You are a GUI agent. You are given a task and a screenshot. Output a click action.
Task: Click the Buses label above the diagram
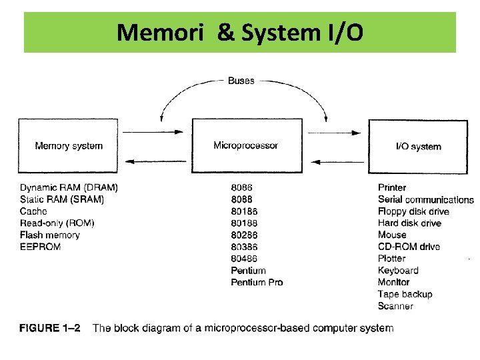[x=241, y=81]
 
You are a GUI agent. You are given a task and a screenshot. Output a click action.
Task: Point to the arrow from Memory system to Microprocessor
[x=153, y=132]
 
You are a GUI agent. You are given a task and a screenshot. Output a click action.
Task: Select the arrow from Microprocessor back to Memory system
[x=155, y=161]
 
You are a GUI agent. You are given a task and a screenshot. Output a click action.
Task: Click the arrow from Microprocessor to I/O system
[x=334, y=133]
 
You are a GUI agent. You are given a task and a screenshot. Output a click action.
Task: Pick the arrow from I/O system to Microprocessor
[x=337, y=162]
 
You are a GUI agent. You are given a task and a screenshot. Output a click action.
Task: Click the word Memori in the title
[x=160, y=33]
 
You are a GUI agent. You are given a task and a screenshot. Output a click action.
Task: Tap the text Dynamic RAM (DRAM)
[x=69, y=187]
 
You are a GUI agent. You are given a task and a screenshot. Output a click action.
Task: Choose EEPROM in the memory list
[x=41, y=247]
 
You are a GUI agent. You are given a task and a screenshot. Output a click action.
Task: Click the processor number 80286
[x=244, y=235]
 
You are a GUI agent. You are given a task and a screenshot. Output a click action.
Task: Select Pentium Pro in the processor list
[x=257, y=282]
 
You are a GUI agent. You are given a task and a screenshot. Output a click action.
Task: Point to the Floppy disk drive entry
[x=413, y=211]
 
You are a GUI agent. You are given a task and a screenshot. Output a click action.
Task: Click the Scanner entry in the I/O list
[x=395, y=306]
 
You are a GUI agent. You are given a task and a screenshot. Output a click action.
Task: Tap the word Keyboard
[x=398, y=270]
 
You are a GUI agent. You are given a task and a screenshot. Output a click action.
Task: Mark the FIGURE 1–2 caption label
[x=49, y=328]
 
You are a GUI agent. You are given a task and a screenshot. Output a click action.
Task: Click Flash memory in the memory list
[x=50, y=235]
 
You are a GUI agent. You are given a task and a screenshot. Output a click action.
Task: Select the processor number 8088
[x=241, y=199]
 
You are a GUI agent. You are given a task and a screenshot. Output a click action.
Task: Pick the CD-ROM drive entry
[x=409, y=247]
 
